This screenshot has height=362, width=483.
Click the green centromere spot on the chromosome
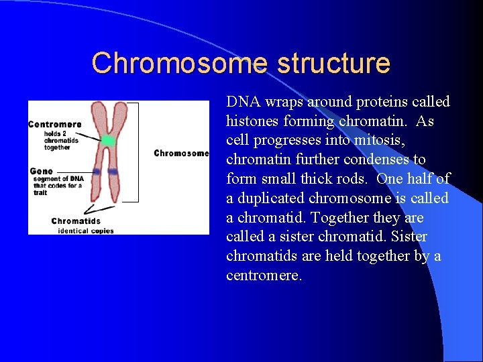tap(108, 141)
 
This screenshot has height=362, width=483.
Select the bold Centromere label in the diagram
tap(55, 124)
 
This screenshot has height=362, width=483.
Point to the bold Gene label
tap(41, 172)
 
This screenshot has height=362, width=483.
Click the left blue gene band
tap(97, 172)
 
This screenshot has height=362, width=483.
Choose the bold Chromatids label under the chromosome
tap(76, 221)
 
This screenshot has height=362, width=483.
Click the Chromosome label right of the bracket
tap(181, 153)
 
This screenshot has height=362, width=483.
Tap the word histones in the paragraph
tap(255, 121)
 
